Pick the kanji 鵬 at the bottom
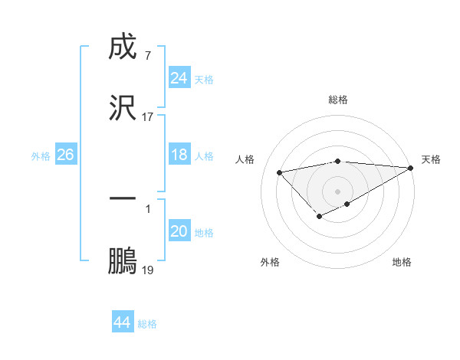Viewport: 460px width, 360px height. (123, 260)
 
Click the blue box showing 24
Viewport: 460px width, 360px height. (179, 78)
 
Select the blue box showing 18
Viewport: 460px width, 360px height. (179, 155)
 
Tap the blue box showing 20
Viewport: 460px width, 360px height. (179, 231)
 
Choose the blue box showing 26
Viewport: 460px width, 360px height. (65, 155)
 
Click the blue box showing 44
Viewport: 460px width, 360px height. (122, 322)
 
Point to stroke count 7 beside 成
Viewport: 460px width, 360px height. (147, 56)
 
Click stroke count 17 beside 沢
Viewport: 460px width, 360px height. (147, 117)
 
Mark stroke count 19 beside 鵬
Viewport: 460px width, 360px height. (148, 270)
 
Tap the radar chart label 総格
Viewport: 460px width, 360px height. (338, 100)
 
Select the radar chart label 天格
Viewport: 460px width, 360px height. (431, 159)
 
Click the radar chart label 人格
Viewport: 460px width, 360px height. (246, 159)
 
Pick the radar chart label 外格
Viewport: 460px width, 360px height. (269, 262)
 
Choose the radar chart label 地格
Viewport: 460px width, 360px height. (402, 262)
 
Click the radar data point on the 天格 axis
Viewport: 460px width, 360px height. (412, 168)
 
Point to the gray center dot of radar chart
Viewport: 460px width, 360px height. (338, 191)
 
